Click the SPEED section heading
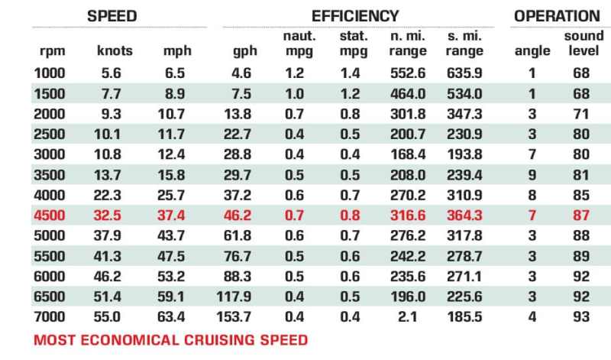[112, 16]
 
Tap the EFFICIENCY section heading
[355, 16]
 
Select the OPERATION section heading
[557, 16]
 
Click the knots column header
[115, 50]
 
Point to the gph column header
[245, 51]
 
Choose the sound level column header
[584, 43]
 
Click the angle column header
[532, 51]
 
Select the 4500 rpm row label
[50, 216]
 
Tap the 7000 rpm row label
[50, 316]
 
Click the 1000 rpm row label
[50, 73]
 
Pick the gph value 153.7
[234, 316]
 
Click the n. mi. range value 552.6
[408, 73]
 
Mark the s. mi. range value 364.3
[464, 216]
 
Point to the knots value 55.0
[107, 316]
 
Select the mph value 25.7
[171, 195]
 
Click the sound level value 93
[581, 316]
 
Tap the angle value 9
[532, 175]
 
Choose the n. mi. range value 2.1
[408, 316]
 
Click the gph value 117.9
[234, 297]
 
